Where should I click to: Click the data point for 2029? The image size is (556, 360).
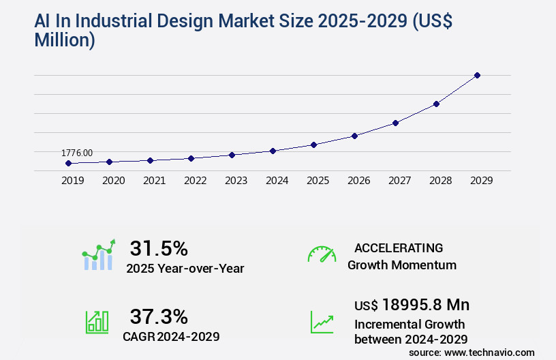[x=477, y=75]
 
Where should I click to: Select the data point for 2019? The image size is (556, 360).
[x=68, y=163]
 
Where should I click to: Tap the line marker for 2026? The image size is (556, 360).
[x=354, y=136]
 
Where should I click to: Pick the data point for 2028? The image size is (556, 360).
[x=436, y=104]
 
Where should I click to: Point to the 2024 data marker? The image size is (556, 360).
[x=273, y=151]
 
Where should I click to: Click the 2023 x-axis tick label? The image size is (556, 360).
[x=236, y=181]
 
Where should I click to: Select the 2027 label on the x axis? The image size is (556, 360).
[x=399, y=181]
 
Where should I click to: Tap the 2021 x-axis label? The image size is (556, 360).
[x=154, y=181]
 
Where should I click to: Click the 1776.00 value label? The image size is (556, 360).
[x=77, y=153]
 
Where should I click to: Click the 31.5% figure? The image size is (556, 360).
[x=159, y=247]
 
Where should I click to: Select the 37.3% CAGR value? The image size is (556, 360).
[x=159, y=316]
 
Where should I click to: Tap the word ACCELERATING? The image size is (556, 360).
[x=399, y=247]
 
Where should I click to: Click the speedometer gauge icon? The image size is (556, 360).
[x=322, y=254]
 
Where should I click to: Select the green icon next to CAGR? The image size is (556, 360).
[x=97, y=322]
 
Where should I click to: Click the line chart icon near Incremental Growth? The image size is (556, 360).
[x=322, y=322]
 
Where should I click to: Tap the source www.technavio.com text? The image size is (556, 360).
[x=472, y=352]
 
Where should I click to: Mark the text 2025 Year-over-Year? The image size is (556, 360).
[x=185, y=269]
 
